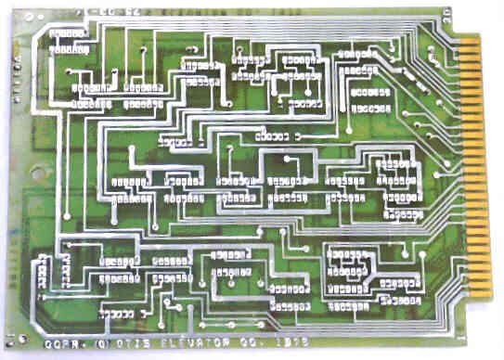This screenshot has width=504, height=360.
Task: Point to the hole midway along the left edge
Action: [x=34, y=173]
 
